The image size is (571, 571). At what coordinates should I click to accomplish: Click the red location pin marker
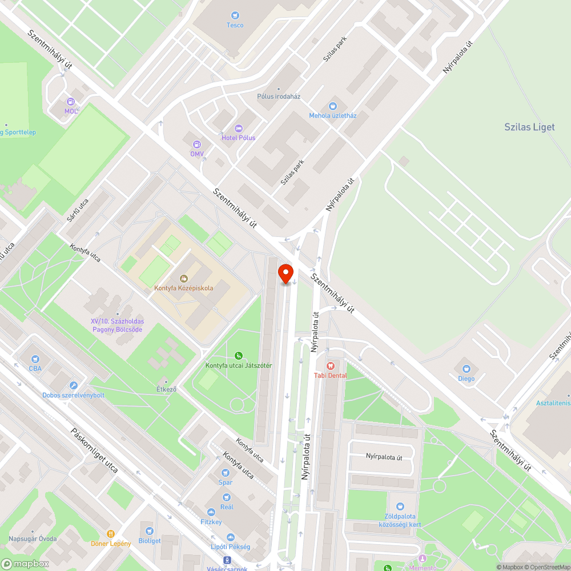[x=285, y=272]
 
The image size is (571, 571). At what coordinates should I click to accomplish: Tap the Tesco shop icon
[x=235, y=15]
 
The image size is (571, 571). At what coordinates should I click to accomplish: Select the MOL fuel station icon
[x=71, y=101]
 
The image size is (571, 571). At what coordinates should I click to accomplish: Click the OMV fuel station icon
[x=197, y=144]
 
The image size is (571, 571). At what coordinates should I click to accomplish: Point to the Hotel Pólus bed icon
[x=239, y=128]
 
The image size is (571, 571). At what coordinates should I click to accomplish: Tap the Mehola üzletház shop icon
[x=333, y=106]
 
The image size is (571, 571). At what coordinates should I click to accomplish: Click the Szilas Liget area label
[x=529, y=127]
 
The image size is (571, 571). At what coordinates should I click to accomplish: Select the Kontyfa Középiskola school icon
[x=184, y=279]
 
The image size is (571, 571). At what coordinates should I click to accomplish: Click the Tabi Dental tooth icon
[x=330, y=365]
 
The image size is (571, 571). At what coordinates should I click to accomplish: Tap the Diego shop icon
[x=466, y=369]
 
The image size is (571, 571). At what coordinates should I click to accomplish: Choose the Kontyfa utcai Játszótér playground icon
[x=239, y=356]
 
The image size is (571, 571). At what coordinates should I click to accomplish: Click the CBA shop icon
[x=35, y=359]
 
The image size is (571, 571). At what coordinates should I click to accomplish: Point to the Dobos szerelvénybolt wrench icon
[x=73, y=386]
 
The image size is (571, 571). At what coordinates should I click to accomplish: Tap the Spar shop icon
[x=226, y=473]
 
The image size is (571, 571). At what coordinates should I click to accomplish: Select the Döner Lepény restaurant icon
[x=111, y=534]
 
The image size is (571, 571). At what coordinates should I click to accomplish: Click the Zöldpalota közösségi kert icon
[x=400, y=506]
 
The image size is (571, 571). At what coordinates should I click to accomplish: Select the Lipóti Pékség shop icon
[x=231, y=537]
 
